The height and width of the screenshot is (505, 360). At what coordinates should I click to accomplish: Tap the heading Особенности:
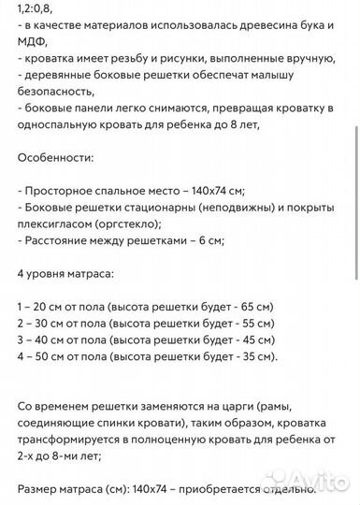(56, 162)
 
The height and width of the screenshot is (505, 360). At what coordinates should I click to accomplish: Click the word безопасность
(56, 92)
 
